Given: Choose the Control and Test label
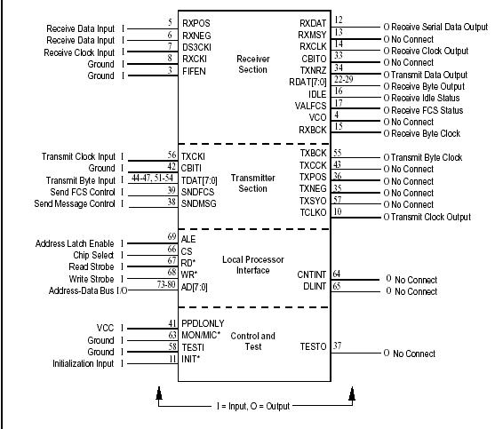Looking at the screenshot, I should (254, 340).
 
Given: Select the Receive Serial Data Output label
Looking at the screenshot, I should (440, 27).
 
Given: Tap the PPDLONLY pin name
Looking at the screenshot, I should (204, 323).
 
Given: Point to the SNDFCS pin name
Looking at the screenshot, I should (199, 191).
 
